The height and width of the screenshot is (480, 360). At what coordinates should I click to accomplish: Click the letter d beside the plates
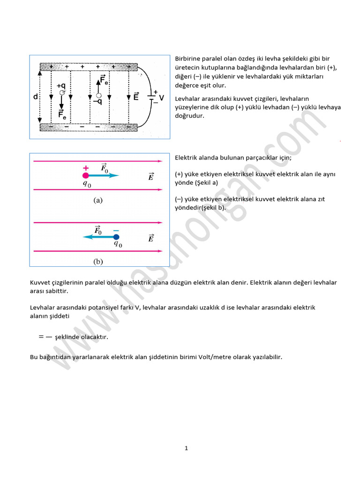tap(36, 97)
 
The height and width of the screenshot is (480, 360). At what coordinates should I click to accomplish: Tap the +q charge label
tap(61, 86)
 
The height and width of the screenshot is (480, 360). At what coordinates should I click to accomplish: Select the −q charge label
tap(98, 101)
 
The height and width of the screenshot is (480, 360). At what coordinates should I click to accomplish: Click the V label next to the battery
tap(161, 98)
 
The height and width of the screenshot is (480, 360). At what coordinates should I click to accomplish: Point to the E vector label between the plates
tap(135, 97)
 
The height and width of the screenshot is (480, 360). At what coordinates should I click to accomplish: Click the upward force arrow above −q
tap(98, 84)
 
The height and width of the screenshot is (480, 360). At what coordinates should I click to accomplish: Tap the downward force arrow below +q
tap(61, 105)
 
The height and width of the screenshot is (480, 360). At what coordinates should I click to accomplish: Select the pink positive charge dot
tap(86, 175)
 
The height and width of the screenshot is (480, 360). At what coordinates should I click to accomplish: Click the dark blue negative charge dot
tap(116, 237)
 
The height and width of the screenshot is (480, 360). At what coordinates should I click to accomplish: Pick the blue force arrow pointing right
tap(103, 175)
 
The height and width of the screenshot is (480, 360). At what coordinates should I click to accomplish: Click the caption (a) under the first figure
tap(97, 200)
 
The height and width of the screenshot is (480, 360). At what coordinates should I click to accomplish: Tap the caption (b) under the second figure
tap(98, 262)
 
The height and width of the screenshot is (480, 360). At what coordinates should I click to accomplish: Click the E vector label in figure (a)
tap(150, 177)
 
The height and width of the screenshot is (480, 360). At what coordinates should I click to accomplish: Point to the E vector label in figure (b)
tap(150, 238)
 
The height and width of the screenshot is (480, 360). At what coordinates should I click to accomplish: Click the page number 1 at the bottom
tap(186, 448)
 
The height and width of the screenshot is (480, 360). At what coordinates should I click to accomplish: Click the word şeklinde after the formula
tap(68, 337)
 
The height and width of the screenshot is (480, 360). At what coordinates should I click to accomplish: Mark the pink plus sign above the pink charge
tap(86, 168)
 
